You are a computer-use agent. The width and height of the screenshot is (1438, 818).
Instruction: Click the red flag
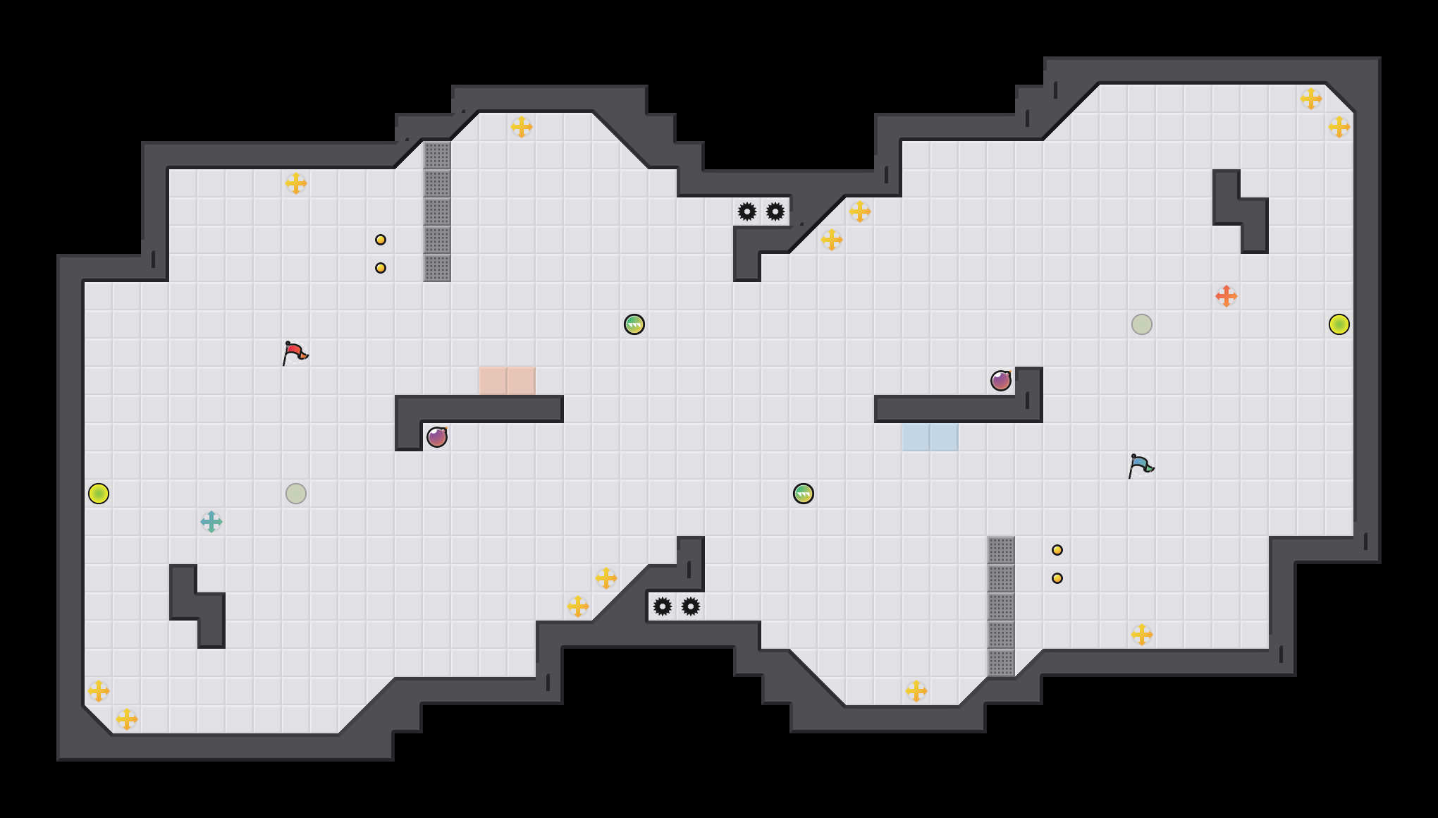pos(295,353)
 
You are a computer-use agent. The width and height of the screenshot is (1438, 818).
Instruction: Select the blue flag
pos(1141,465)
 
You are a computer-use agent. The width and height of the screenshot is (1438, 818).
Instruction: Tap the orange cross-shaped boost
pos(1227,296)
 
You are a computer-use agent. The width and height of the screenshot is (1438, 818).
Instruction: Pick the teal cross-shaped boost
pos(211,522)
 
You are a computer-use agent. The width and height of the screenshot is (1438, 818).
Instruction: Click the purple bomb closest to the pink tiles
pos(437,437)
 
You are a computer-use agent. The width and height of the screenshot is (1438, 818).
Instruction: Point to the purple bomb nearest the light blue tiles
pos(1001,381)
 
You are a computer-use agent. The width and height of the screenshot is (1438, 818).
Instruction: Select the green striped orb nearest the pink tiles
pos(634,324)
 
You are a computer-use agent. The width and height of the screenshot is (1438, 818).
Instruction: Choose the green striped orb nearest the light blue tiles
pos(804,494)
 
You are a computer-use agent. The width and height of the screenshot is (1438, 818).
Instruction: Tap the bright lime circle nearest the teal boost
pos(99,494)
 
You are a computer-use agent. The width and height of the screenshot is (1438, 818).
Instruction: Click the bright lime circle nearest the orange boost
pos(1339,324)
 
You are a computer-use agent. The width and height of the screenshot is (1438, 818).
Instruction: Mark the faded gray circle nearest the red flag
pos(296,494)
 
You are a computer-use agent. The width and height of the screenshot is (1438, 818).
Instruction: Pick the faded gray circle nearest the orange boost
pos(1142,324)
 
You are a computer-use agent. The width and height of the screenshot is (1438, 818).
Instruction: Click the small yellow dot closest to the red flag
pos(381,268)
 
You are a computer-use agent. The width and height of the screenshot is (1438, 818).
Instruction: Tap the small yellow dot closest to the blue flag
pos(1057,550)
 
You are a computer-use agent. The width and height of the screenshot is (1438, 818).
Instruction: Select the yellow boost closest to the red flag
pos(296,183)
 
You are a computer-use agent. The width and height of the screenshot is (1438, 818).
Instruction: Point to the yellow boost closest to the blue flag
pos(1142,635)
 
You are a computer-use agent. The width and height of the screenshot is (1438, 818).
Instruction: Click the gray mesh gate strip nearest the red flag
pos(437,212)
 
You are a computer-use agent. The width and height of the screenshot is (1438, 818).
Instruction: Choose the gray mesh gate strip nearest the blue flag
pos(1001,606)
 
